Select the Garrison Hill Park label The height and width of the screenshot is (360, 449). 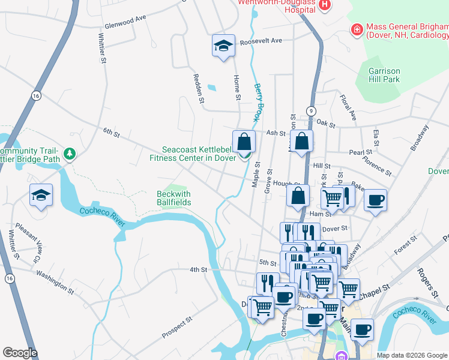[384, 75]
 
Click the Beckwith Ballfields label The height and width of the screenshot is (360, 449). [173, 198]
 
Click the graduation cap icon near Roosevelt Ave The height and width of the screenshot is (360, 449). [223, 46]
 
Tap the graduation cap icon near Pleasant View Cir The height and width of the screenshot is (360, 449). [41, 195]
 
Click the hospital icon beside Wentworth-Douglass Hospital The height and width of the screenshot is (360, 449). [325, 5]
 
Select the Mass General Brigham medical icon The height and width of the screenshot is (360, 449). [357, 29]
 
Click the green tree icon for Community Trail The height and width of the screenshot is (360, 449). [70, 155]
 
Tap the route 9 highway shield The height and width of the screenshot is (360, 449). [311, 111]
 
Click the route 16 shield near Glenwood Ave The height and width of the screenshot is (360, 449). [37, 96]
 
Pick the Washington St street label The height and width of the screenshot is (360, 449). [55, 281]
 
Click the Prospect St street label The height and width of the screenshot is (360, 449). [176, 327]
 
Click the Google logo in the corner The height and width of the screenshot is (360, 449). [20, 353]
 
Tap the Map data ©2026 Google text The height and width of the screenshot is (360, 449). [412, 355]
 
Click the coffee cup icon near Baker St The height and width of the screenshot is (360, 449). [375, 200]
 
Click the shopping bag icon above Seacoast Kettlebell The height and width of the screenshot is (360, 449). [244, 142]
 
